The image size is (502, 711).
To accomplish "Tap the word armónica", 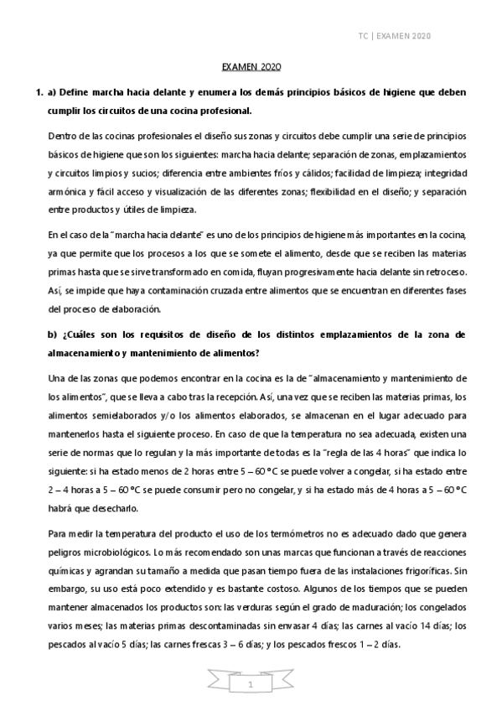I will [66, 192].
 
